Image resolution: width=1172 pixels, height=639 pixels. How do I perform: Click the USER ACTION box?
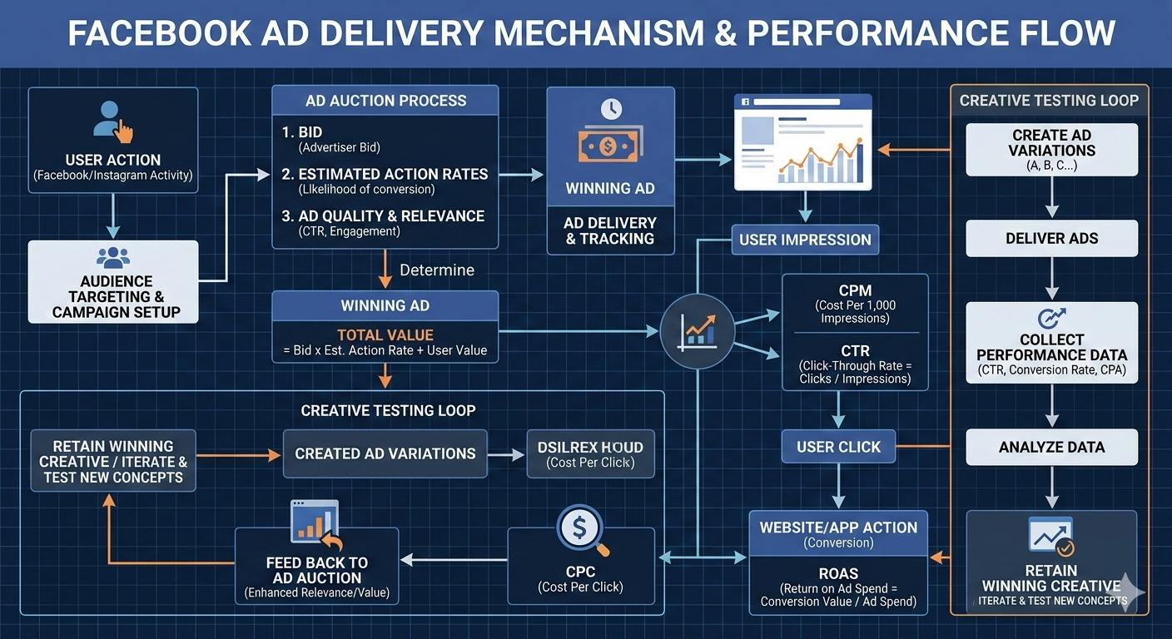coord(113,141)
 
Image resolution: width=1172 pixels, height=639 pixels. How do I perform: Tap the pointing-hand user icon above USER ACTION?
coord(114,121)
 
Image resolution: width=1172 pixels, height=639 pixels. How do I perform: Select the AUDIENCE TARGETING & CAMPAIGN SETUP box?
coord(113,282)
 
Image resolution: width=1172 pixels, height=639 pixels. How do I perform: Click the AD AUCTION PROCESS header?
coord(385,101)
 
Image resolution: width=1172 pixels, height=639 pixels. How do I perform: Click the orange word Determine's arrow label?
coord(437,270)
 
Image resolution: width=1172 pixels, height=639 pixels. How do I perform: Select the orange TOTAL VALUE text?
coord(385,335)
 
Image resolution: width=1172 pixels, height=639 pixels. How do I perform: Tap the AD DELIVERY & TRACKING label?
coord(610,230)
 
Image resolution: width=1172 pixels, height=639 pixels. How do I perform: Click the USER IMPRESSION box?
coord(805,240)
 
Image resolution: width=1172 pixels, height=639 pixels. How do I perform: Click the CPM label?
coord(855,290)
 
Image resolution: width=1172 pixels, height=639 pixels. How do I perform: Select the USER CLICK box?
coord(838,447)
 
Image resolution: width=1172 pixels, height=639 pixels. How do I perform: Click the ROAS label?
coord(837,573)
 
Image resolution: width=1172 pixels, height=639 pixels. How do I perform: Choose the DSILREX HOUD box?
coord(591,453)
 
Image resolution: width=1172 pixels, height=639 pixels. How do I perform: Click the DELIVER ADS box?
coord(1051,239)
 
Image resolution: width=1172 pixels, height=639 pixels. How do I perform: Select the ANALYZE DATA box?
coord(1051,447)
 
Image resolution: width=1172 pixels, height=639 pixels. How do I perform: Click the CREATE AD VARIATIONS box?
coord(1051,150)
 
